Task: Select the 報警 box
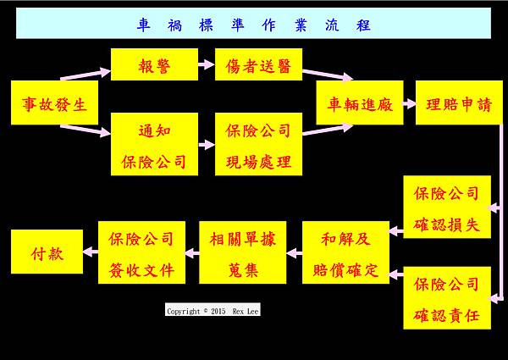coord(154,65)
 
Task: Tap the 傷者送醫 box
coord(258,65)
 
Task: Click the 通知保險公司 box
coord(154,144)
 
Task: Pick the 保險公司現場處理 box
coord(258,144)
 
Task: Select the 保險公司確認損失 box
coord(446,208)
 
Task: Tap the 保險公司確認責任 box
coord(446,298)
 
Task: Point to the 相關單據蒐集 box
coord(242,252)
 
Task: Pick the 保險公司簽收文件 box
coord(141,252)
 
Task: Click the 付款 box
coord(47,252)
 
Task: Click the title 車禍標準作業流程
coord(253,25)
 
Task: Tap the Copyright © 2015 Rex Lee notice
coord(213,311)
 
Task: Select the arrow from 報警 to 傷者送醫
coord(207,64)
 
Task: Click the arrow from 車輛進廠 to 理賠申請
coord(408,103)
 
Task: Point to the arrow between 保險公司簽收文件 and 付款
coord(91,252)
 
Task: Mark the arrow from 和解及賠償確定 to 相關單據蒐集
coord(294,252)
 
